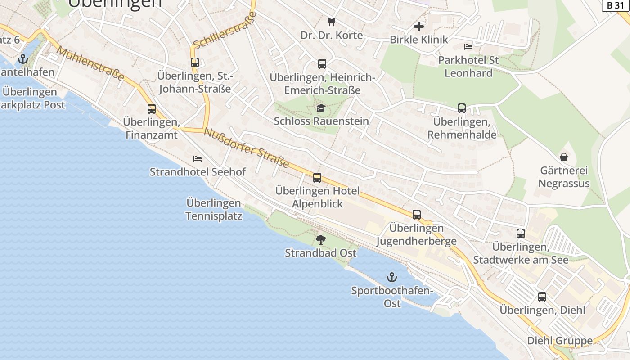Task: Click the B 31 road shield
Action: pos(616,5)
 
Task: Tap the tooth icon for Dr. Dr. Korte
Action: pos(332,21)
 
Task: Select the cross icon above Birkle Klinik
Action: pos(419,27)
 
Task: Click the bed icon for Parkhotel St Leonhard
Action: pos(468,47)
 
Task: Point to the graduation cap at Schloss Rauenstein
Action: pos(321,108)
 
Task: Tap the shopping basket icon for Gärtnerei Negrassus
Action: pos(563,157)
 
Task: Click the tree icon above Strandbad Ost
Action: pos(320,239)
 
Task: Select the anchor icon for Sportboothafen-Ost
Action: pos(392,277)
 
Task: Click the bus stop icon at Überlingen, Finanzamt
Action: pos(152,109)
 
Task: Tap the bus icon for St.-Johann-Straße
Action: pos(195,63)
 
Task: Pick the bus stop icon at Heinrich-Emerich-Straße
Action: pos(322,64)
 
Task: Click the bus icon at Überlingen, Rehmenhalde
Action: pos(462,108)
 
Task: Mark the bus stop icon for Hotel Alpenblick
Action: pos(317,178)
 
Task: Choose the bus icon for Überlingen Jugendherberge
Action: pos(417,215)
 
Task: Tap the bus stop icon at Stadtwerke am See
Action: pos(521,234)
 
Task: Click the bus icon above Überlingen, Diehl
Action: pos(542,297)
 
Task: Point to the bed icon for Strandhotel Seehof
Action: pos(198,159)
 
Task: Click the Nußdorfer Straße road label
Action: pos(246,148)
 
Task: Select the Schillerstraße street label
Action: pos(225,30)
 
